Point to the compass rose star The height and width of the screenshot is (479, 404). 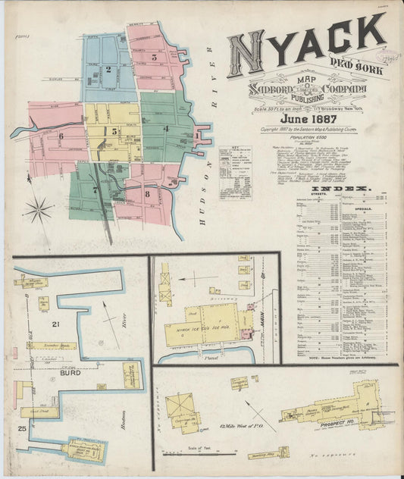[x=39, y=208]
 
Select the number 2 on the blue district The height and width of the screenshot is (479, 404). [x=109, y=70]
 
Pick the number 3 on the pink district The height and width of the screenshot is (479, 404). [x=154, y=56]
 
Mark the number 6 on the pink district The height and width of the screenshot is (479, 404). [x=60, y=136]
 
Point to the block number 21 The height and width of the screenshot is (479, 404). [x=55, y=324]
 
